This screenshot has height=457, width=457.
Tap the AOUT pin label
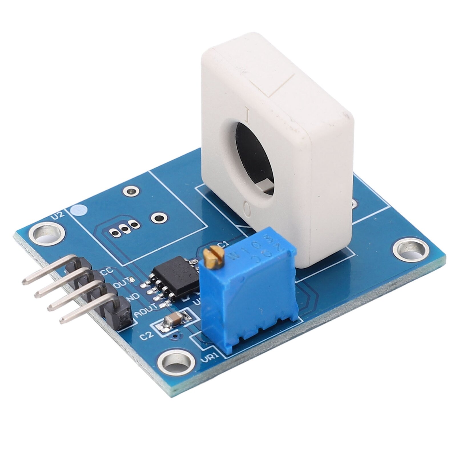[146, 307]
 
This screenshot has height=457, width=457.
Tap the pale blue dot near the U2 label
[79, 211]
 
